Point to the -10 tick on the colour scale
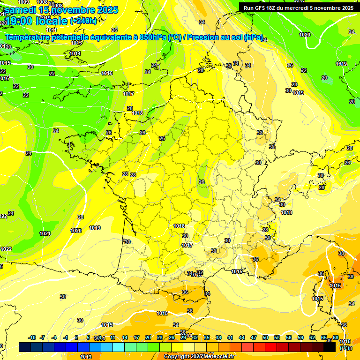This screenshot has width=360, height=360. (32, 337)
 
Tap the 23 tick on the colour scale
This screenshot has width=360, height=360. (160, 337)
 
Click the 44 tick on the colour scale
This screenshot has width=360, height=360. (242, 337)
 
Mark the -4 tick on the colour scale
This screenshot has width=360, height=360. (54, 337)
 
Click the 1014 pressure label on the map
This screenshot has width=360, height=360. (75, 53)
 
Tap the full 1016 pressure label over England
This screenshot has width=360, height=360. (107, 74)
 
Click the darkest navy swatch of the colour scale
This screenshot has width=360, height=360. (25, 347)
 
